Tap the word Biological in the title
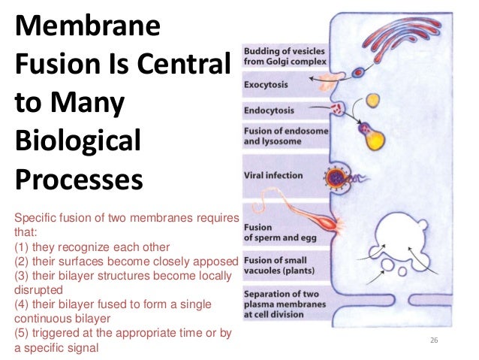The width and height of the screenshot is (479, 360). [x=78, y=141]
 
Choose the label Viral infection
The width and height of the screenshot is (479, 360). [x=273, y=176]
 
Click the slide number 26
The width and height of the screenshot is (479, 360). [x=433, y=342]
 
